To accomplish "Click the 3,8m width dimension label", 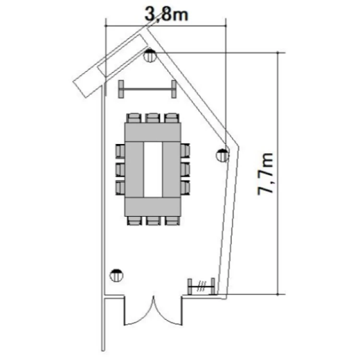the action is [167, 14].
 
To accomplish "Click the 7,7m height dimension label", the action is [265, 174].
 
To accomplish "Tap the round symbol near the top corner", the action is [150, 55].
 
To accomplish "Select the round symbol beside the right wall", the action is [222, 155].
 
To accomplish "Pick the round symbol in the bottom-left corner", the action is [117, 276].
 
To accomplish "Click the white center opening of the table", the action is [153, 169].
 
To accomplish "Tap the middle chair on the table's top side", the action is [153, 118].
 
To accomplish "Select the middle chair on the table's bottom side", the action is [153, 221].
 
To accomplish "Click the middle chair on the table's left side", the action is [120, 169].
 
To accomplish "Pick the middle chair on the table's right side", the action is [185, 169].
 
